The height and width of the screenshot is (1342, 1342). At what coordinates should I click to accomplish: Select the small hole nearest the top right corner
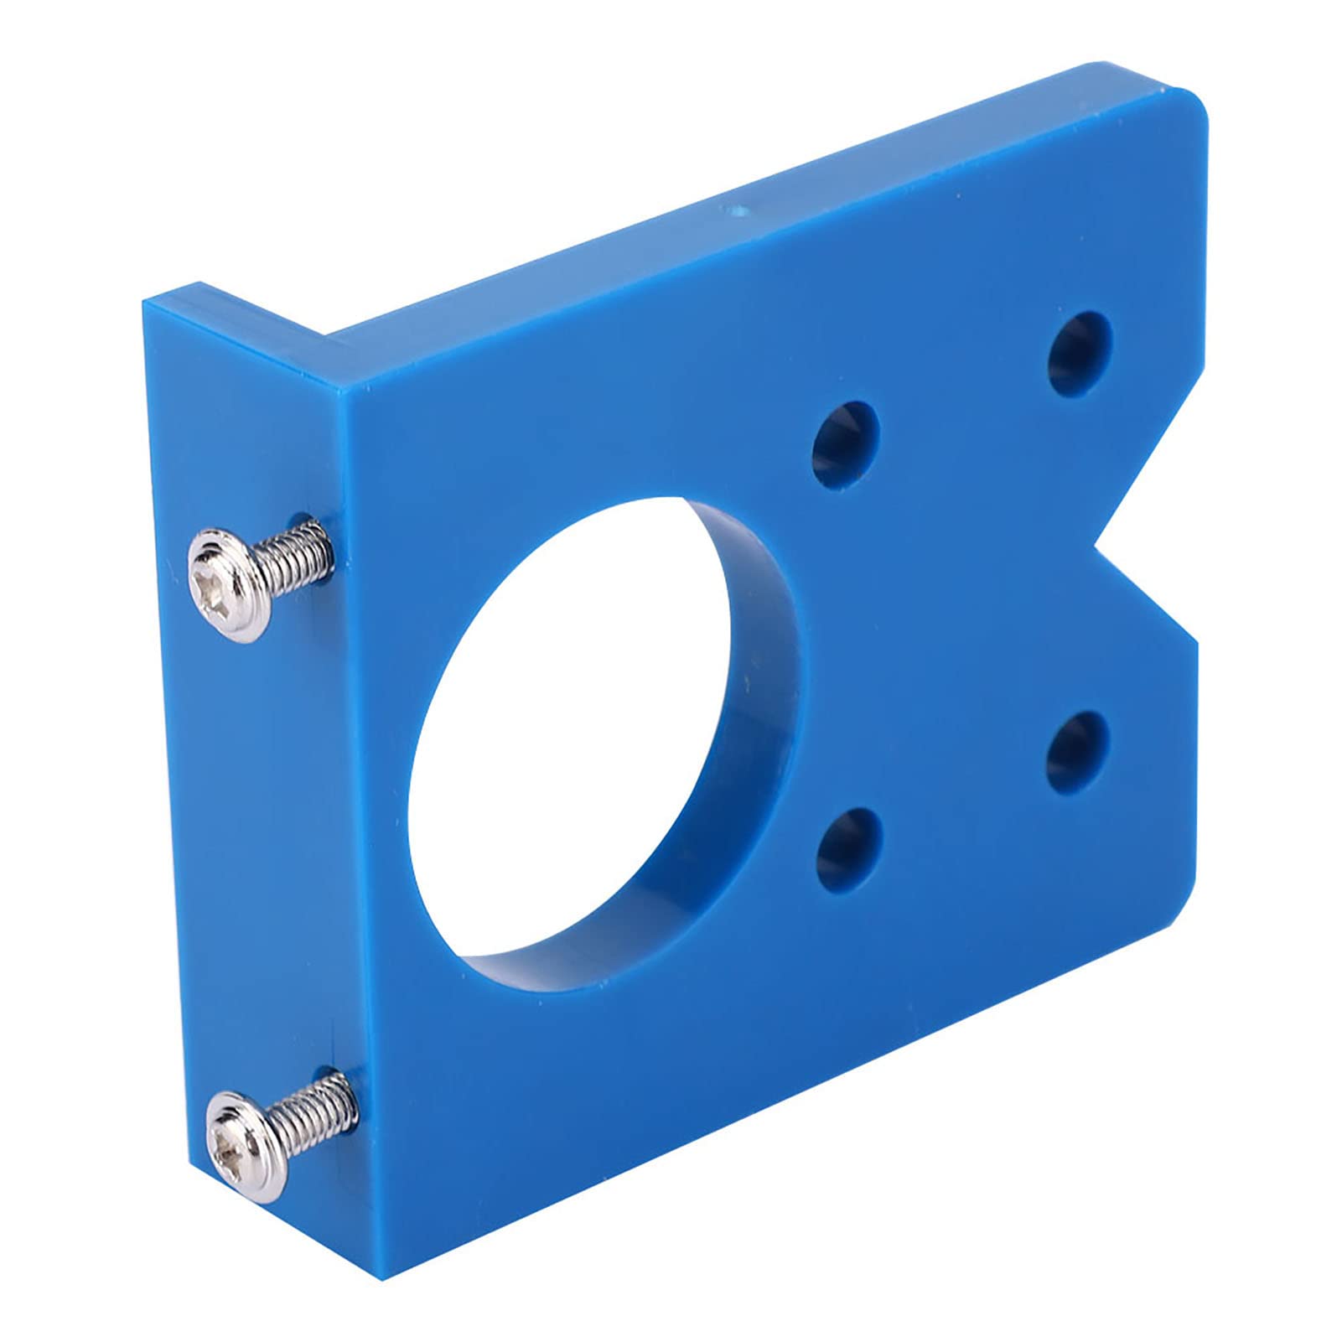pos(1080,353)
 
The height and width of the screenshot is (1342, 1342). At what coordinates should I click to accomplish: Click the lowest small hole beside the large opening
pos(848,848)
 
